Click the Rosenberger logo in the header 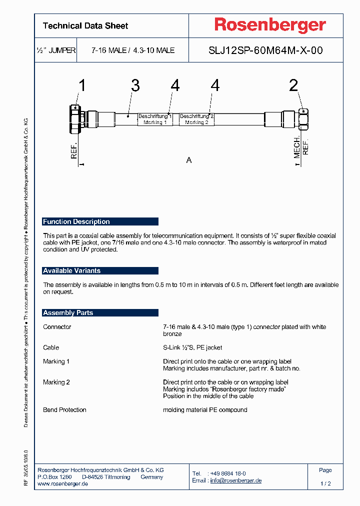pyautogui.click(x=270, y=25)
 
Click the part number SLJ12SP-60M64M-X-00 pyautogui.click(x=265, y=50)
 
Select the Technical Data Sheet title pyautogui.click(x=85, y=26)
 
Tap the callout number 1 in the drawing pyautogui.click(x=82, y=85)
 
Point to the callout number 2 pyautogui.click(x=293, y=85)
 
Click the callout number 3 pyautogui.click(x=135, y=85)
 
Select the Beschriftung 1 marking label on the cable pyautogui.click(x=155, y=119)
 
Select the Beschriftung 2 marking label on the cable pyautogui.click(x=196, y=119)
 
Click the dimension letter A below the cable pyautogui.click(x=189, y=160)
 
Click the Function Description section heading pyautogui.click(x=76, y=221)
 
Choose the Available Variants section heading pyautogui.click(x=72, y=270)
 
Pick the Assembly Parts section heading pyautogui.click(x=68, y=312)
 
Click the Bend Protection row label pyautogui.click(x=64, y=410)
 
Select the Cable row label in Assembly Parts pyautogui.click(x=51, y=347)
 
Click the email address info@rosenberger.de pyautogui.click(x=235, y=480)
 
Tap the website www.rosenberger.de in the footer pyautogui.click(x=63, y=484)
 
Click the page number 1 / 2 pyautogui.click(x=325, y=484)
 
